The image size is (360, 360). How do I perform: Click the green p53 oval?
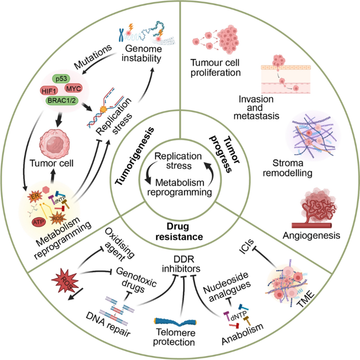(64, 79)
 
